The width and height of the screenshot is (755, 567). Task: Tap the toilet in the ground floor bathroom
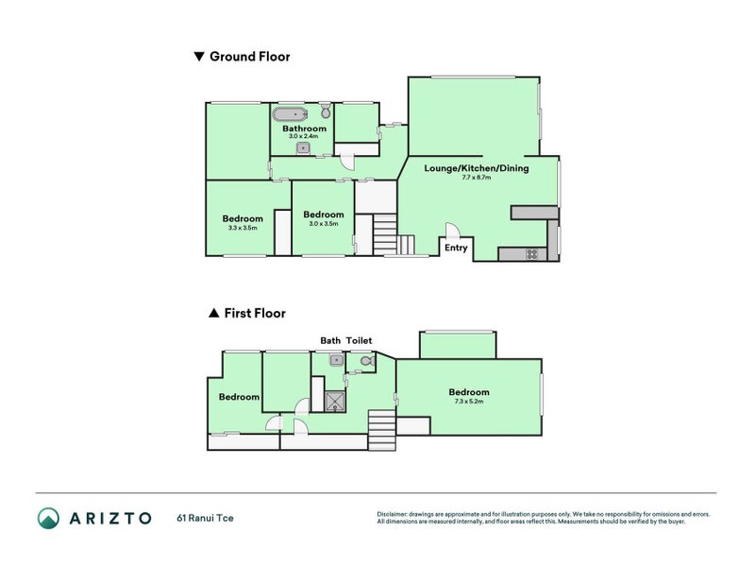[325, 112]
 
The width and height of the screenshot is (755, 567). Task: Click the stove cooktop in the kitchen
[531, 253]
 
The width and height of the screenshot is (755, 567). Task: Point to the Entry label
[456, 249]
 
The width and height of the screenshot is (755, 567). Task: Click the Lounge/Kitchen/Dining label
[477, 169]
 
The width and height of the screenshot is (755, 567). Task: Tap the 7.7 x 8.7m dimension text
[477, 179]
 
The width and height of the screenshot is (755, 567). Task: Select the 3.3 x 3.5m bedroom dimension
[243, 228]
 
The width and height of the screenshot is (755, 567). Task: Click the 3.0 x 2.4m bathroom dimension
[304, 137]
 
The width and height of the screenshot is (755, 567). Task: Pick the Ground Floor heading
[249, 57]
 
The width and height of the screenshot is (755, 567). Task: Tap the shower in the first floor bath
[333, 403]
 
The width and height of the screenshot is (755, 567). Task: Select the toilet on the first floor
[367, 360]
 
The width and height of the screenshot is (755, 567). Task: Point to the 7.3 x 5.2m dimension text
[469, 402]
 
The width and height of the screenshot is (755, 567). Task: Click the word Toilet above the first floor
[360, 340]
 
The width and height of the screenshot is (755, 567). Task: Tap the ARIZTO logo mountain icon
[48, 518]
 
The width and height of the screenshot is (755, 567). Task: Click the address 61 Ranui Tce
[205, 518]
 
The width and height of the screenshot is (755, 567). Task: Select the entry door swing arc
[452, 231]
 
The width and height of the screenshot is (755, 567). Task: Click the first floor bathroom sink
[335, 360]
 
